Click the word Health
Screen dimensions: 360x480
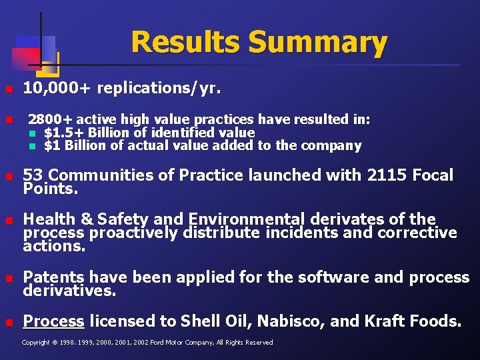pyautogui.click(x=49, y=219)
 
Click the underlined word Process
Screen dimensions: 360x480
pyautogui.click(x=53, y=321)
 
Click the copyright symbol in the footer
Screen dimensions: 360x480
pyautogui.click(x=55, y=343)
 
